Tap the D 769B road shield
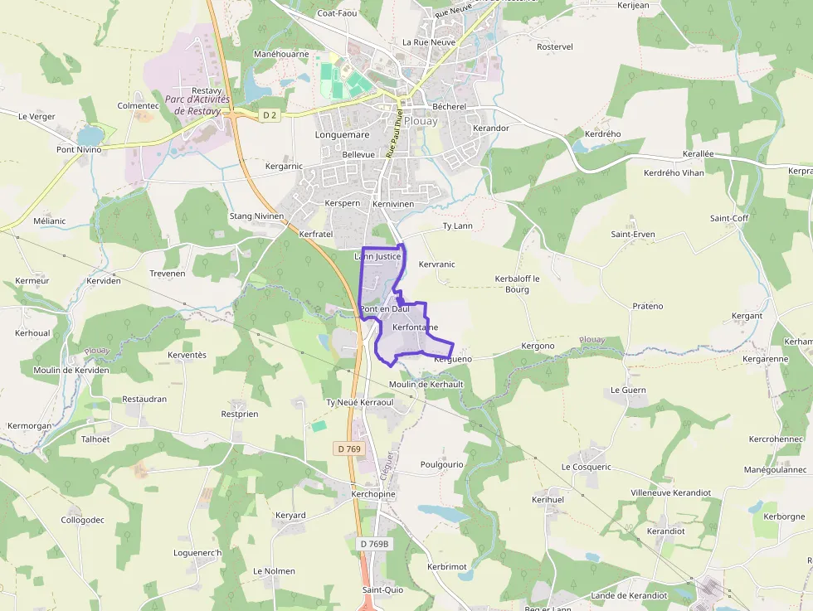pos(375,544)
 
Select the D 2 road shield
pos(269,115)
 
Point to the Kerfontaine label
pos(415,327)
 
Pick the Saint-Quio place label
pos(382,590)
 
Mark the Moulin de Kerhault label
pos(426,385)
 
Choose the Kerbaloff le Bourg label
pos(517,284)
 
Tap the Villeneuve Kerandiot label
pos(670,492)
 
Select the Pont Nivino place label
pos(79,150)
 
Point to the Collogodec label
pos(83,520)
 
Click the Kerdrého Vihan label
pos(674,173)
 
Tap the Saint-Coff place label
pos(728,218)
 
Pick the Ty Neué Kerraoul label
pos(359,402)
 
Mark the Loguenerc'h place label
pos(197,552)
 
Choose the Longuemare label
pos(342,133)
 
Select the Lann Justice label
pos(377,257)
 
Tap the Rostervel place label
pos(555,46)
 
